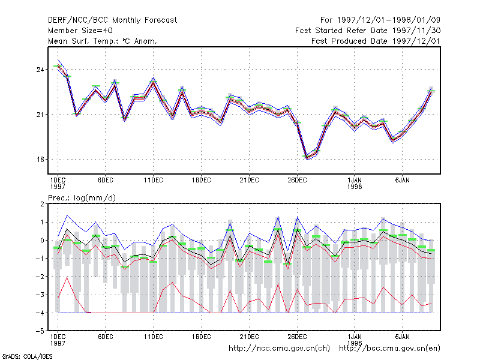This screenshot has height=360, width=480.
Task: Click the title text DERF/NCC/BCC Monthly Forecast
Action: pyautogui.click(x=112, y=20)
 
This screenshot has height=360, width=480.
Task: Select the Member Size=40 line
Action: pyautogui.click(x=80, y=31)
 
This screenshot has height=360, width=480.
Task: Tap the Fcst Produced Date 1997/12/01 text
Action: pyautogui.click(x=376, y=41)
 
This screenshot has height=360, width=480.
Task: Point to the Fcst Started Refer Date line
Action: pyautogui.click(x=368, y=31)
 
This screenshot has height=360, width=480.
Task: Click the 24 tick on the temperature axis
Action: pyautogui.click(x=40, y=70)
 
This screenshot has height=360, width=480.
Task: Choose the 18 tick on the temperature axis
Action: pyautogui.click(x=40, y=160)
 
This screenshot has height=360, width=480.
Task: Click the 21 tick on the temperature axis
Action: pyautogui.click(x=40, y=115)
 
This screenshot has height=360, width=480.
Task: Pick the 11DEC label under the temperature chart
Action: pyautogui.click(x=154, y=181)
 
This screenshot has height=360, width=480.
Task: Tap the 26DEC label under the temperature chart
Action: pyautogui.click(x=297, y=181)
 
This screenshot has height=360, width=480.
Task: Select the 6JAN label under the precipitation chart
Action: pyautogui.click(x=402, y=337)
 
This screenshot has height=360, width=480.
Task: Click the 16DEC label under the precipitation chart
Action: pyautogui.click(x=201, y=337)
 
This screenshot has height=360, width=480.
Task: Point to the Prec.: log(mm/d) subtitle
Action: pyautogui.click(x=82, y=198)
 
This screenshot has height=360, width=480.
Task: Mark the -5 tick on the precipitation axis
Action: pyautogui.click(x=41, y=331)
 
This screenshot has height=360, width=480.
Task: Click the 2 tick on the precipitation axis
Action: pyautogui.click(x=42, y=204)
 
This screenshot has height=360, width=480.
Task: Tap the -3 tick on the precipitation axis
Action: pyautogui.click(x=41, y=295)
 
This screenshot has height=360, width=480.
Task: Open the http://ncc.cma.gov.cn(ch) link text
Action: pyautogui.click(x=279, y=349)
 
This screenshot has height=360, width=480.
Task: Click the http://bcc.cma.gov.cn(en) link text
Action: pyautogui.click(x=389, y=349)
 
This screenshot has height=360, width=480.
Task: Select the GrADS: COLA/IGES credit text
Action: pyautogui.click(x=27, y=356)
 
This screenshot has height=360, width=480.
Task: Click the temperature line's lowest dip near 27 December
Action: pyautogui.click(x=307, y=158)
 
